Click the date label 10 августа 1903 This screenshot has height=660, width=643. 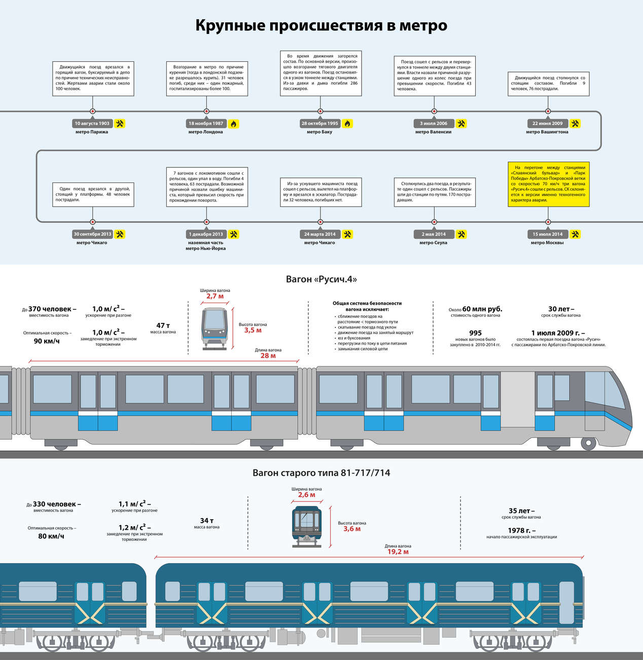point(92,124)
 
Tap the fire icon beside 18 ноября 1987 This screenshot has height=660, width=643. point(233,124)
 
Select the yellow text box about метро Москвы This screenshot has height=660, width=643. point(548,184)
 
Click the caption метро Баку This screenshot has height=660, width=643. point(319,132)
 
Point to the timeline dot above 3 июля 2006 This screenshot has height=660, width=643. point(434,111)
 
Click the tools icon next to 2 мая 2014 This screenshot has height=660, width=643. point(461,234)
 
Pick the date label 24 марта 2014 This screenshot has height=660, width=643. point(320,234)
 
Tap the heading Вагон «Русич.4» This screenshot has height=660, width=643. point(321,279)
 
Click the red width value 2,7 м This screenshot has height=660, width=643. point(215,297)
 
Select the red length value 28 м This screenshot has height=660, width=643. point(268,356)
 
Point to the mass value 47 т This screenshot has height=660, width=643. point(163,325)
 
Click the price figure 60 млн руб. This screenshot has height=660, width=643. point(482,309)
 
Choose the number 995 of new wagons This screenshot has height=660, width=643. point(475,333)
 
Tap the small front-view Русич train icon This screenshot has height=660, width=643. point(215,328)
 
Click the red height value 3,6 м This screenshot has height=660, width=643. point(352,529)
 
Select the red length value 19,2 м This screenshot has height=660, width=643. point(398,552)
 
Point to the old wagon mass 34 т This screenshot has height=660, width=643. point(206,521)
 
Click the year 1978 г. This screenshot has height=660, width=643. point(521,530)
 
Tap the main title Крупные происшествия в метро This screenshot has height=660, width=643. point(321,25)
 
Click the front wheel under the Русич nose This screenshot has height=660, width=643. point(588,444)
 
